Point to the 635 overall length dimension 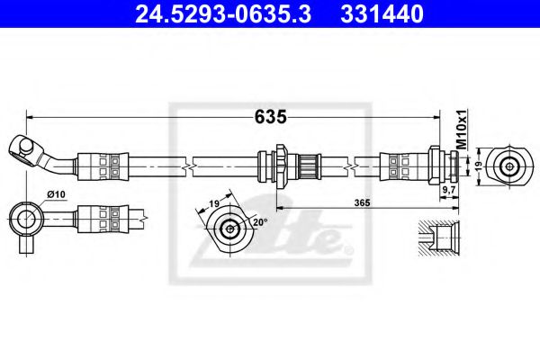(270, 116)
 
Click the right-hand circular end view (511, 166)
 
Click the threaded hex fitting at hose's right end (441, 166)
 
